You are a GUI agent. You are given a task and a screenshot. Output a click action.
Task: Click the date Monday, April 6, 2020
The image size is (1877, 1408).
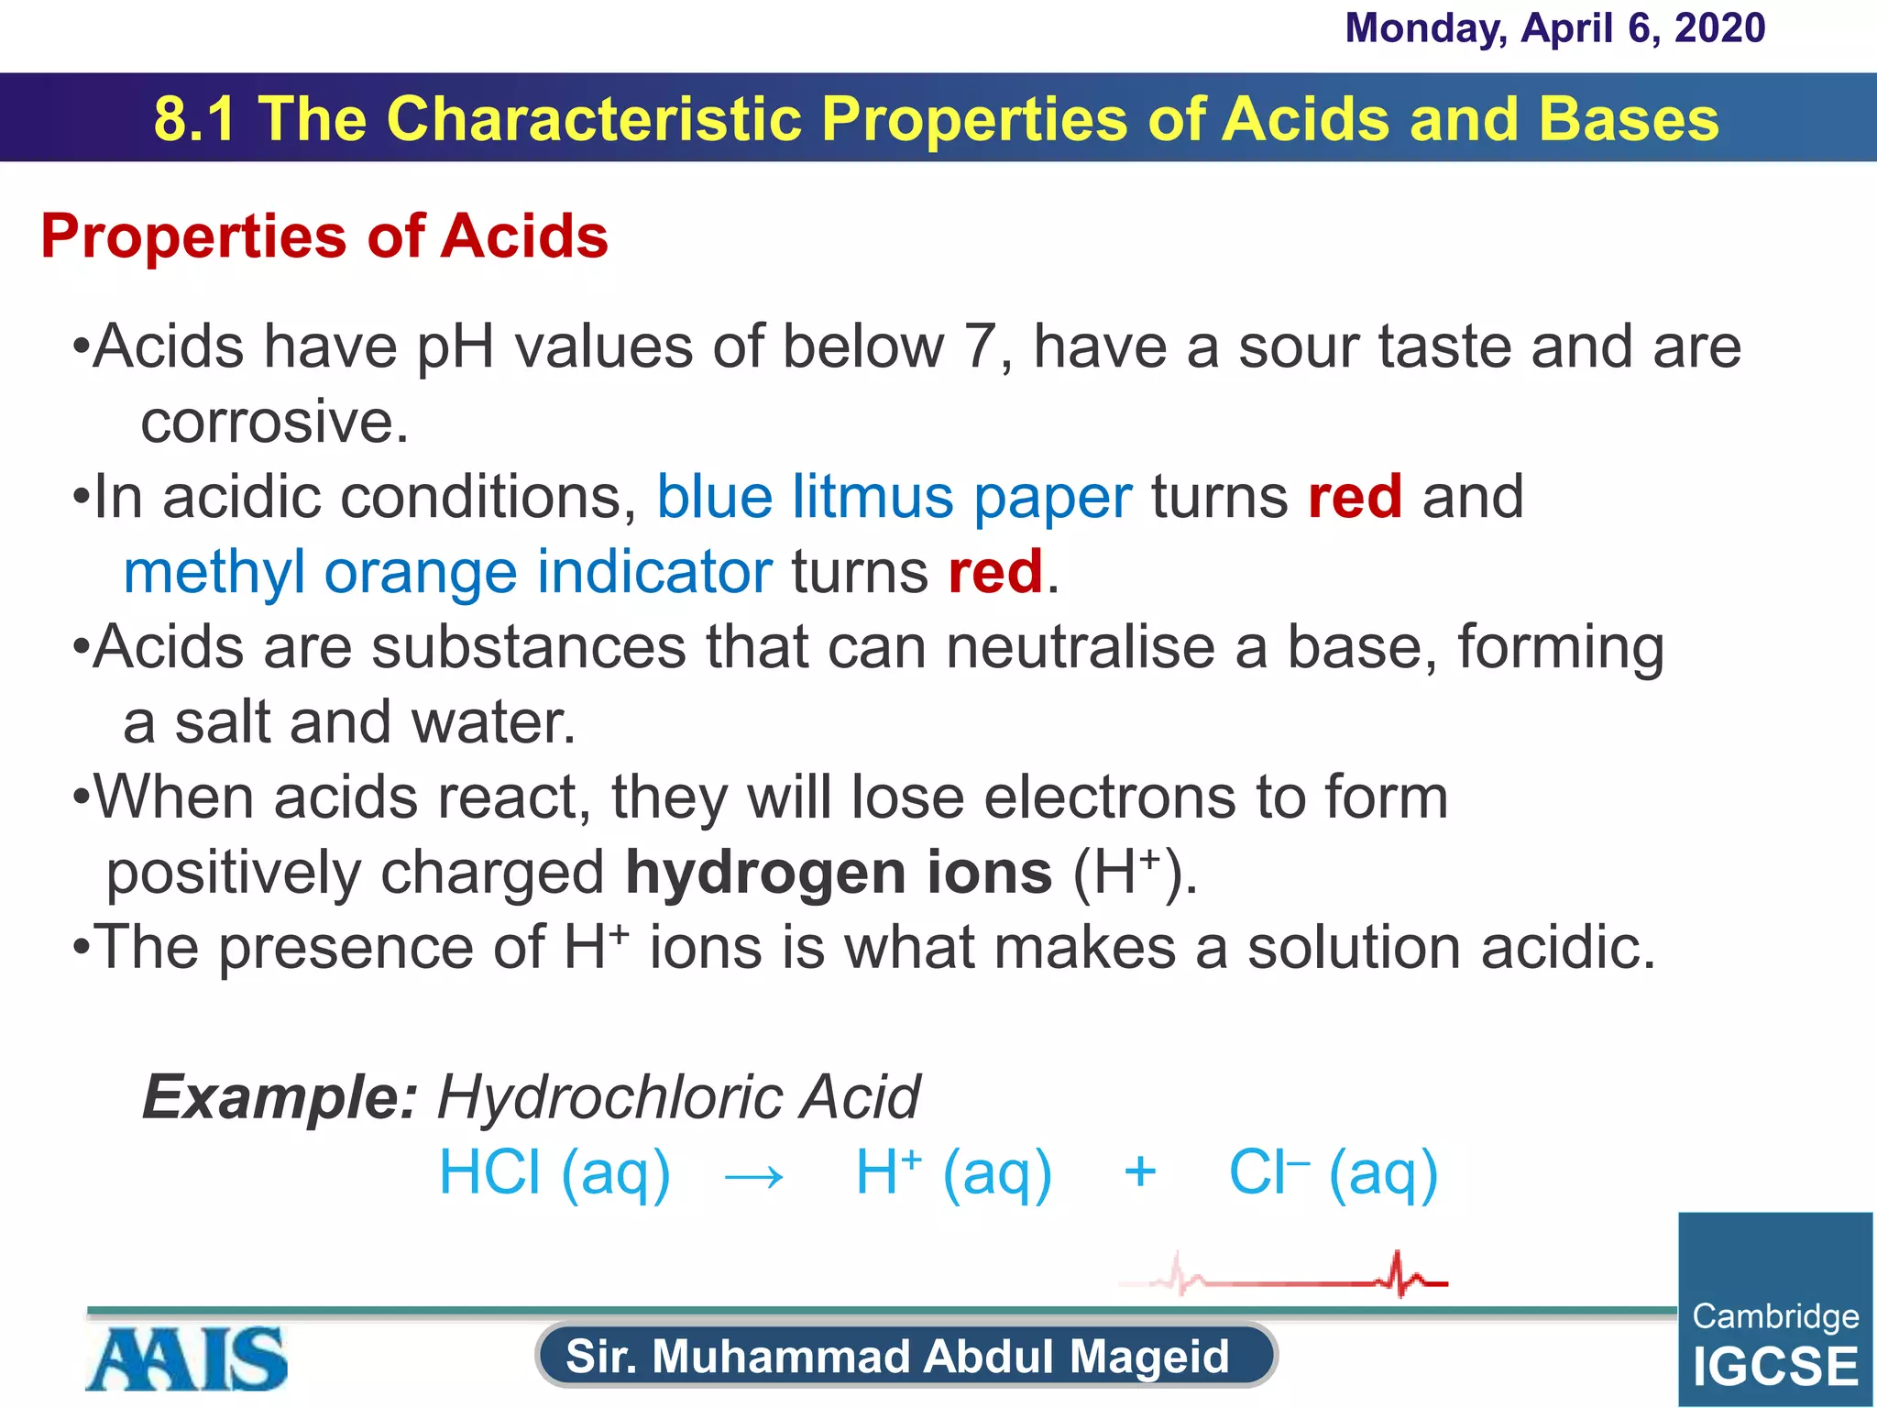coord(1554,28)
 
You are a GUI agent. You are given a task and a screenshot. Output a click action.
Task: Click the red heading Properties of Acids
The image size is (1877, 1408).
coord(324,236)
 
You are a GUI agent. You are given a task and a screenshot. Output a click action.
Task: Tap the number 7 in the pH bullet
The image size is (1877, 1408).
coord(979,347)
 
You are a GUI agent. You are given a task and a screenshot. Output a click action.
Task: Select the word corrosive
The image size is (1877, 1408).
coord(274,423)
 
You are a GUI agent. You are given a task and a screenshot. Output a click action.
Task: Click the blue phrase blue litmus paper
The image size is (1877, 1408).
coord(895,498)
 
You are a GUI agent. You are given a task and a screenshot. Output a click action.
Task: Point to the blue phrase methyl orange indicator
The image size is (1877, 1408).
coord(447,573)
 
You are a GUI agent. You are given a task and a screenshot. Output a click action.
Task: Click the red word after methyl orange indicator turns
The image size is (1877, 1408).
coord(995,573)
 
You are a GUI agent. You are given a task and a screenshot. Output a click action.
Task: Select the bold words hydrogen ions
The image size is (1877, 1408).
coord(839,873)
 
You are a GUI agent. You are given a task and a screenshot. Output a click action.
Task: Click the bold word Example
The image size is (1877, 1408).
coord(280,1098)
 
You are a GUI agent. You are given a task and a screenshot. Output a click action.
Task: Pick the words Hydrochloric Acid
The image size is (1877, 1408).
coord(678,1098)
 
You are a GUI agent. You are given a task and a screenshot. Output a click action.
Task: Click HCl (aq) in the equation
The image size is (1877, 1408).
coord(554,1173)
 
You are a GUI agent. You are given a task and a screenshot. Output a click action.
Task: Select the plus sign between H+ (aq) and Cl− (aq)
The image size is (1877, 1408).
coord(1139,1172)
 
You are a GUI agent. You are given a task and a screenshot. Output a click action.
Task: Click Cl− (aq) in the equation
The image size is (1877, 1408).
coord(1333,1173)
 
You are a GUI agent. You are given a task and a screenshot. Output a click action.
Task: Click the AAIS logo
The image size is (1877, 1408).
coord(187,1359)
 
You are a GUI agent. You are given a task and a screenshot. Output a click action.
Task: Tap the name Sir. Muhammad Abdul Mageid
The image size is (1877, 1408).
coord(897,1357)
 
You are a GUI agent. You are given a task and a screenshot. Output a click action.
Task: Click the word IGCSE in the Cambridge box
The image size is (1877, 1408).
coord(1775,1367)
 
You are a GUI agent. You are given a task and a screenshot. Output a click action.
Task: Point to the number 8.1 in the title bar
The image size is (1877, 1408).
coord(194,119)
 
